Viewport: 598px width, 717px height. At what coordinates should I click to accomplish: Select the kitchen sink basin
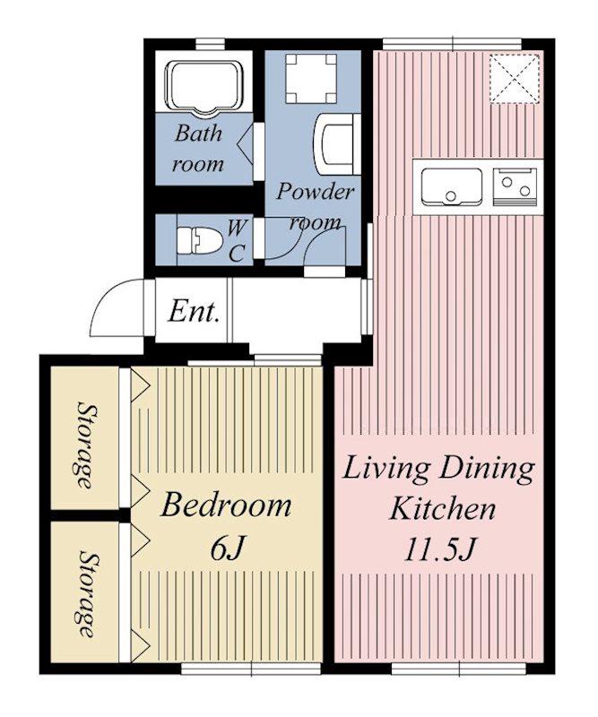[452, 186]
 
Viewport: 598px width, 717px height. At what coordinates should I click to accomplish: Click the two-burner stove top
[515, 186]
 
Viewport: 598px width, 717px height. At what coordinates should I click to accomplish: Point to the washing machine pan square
[311, 78]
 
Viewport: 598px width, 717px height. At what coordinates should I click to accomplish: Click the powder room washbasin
[337, 143]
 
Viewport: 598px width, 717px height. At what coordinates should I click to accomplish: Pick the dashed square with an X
[514, 79]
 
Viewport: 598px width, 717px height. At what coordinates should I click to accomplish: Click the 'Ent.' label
[192, 312]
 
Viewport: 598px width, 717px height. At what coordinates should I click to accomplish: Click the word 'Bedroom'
[226, 505]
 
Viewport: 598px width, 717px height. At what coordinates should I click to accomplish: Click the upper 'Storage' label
[84, 445]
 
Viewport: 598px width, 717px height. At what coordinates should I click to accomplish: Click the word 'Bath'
[198, 134]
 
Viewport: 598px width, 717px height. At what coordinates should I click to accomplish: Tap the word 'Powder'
[316, 192]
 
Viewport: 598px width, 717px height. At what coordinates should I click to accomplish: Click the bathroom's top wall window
[211, 44]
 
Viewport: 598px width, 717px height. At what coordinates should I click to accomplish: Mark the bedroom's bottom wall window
[252, 669]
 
